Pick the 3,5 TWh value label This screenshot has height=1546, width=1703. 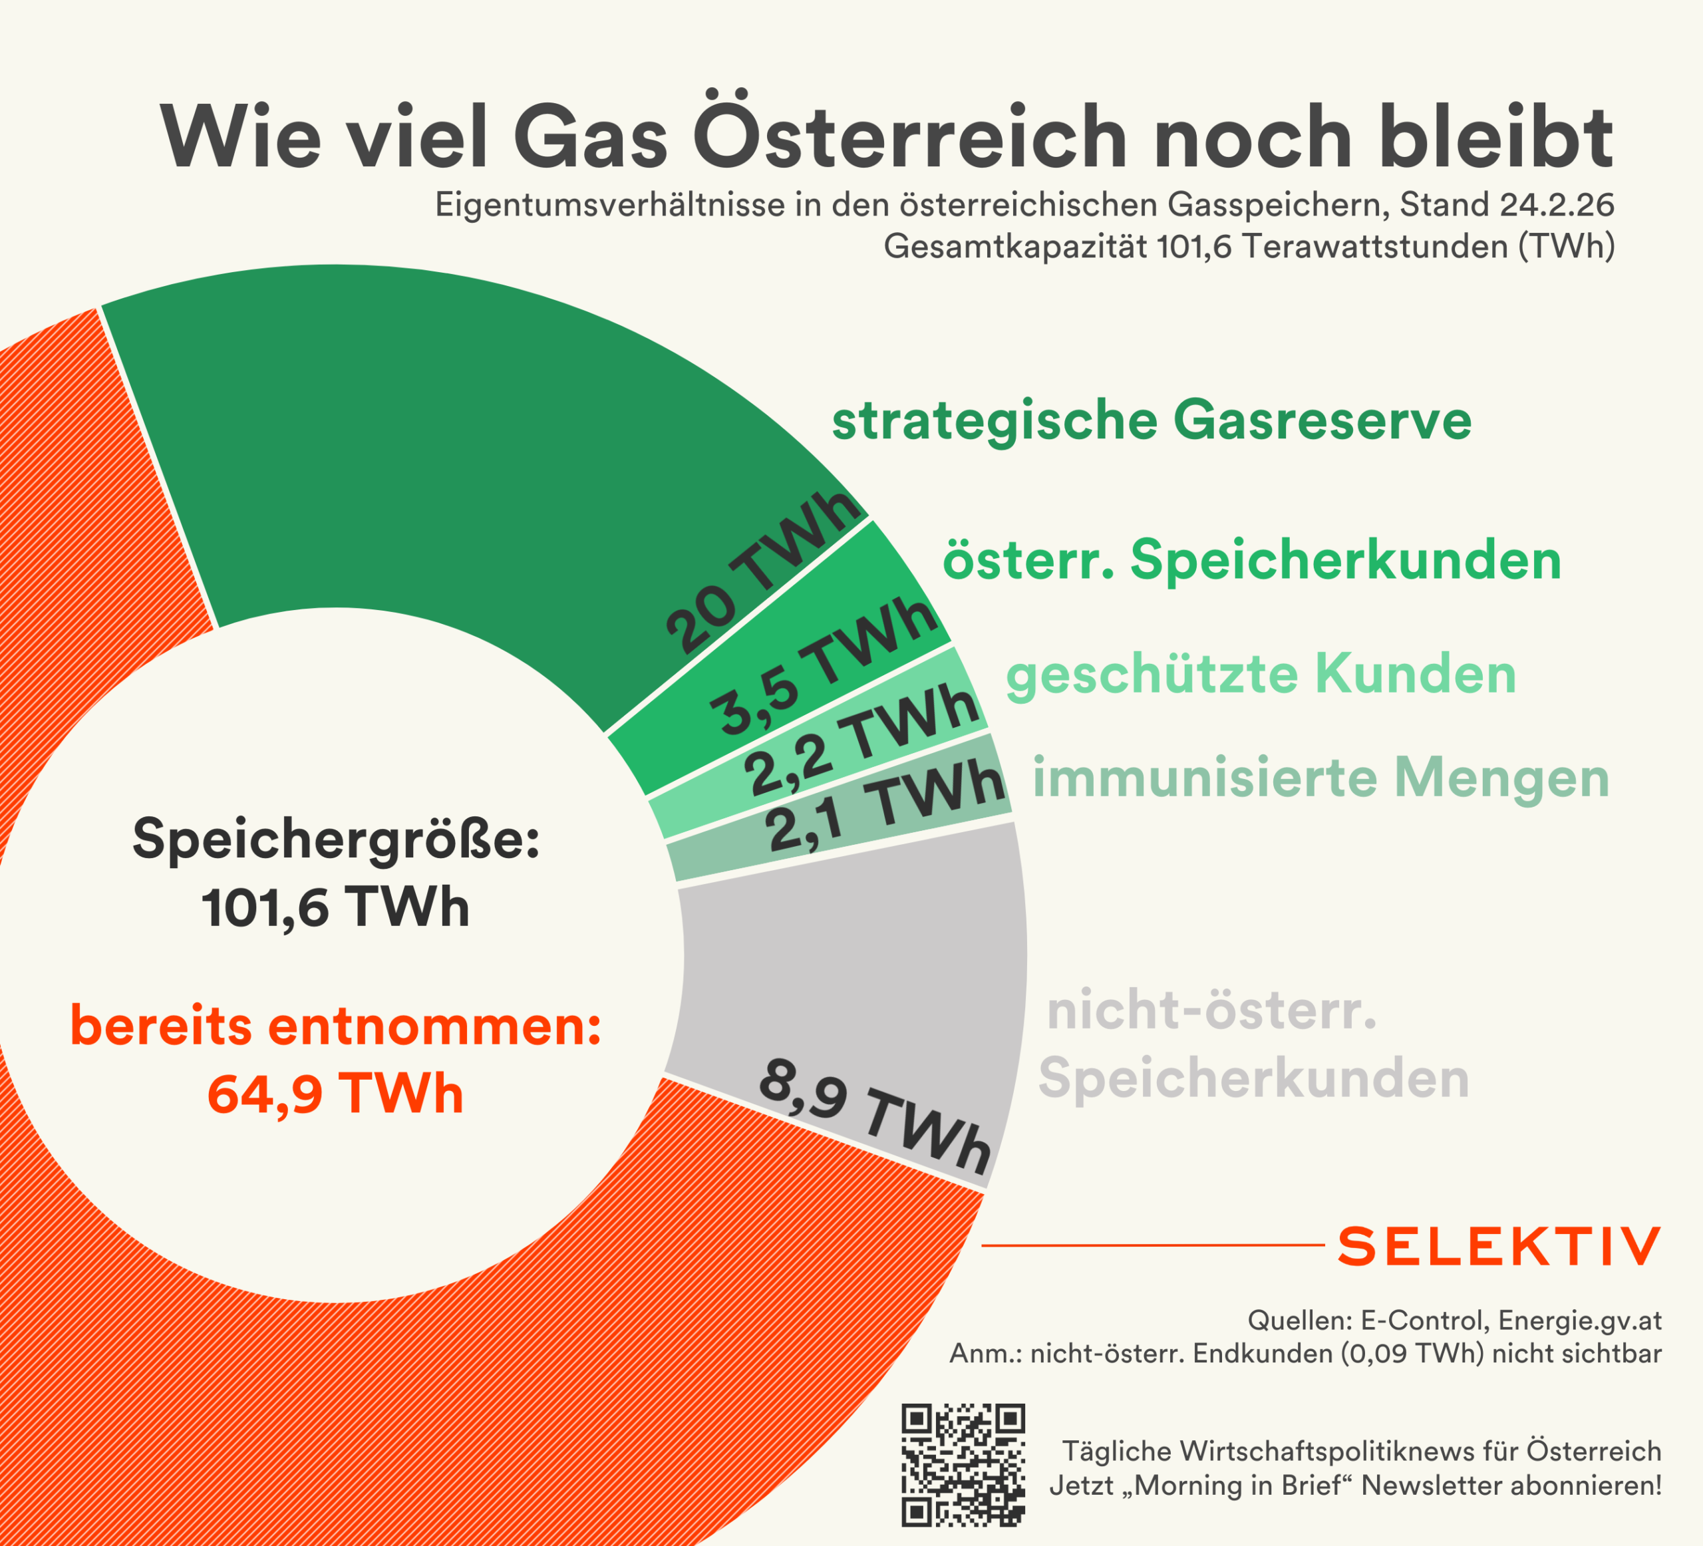[824, 667]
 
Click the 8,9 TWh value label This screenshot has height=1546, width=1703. [874, 1115]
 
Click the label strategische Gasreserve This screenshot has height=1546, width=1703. [1152, 422]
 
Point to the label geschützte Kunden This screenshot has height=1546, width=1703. [1261, 675]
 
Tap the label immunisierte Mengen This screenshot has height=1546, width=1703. [1320, 778]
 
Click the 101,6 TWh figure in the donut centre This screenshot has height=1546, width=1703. [335, 908]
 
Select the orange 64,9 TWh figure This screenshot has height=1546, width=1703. [335, 1095]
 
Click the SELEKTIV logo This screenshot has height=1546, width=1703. [1499, 1246]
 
